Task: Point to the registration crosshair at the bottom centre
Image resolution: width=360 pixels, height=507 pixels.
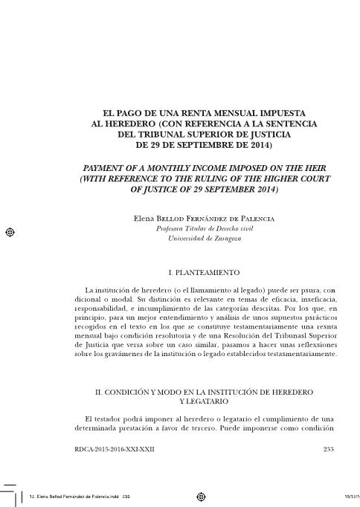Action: (x=202, y=496)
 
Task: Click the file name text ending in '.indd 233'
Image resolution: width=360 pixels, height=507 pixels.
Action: (x=74, y=496)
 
